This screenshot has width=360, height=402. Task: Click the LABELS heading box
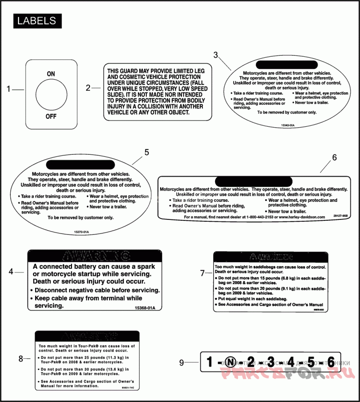pyautogui.click(x=36, y=21)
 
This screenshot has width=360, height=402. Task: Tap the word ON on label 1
pyautogui.click(x=51, y=73)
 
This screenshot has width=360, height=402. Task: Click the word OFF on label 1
pyautogui.click(x=51, y=116)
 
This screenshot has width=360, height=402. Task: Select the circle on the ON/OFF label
pyautogui.click(x=51, y=94)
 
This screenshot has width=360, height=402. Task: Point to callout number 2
pyautogui.click(x=88, y=88)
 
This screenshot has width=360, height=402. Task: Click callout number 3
pyautogui.click(x=216, y=55)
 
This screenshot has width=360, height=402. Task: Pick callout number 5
pyautogui.click(x=146, y=152)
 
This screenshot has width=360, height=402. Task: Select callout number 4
pyautogui.click(x=11, y=272)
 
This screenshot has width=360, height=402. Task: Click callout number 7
pyautogui.click(x=202, y=272)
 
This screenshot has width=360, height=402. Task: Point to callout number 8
pyautogui.click(x=21, y=359)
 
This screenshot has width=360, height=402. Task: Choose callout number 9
pyautogui.click(x=181, y=362)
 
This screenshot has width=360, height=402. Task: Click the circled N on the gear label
pyautogui.click(x=230, y=362)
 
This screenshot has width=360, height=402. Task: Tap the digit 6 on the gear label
pyautogui.click(x=331, y=362)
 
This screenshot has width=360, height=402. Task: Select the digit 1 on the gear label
pyautogui.click(x=209, y=362)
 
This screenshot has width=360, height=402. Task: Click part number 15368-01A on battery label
pyautogui.click(x=144, y=308)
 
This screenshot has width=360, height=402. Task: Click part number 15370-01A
pyautogui.click(x=82, y=232)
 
